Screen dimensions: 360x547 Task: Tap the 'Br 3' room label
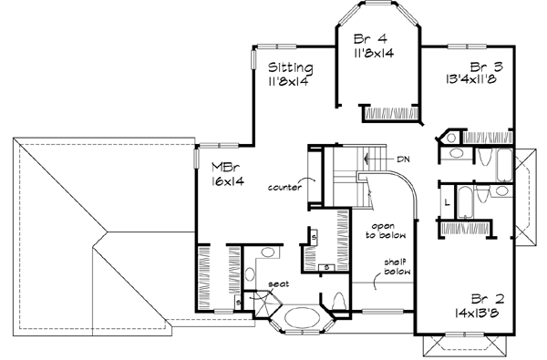click(481, 67)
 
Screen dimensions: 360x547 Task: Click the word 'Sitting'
click(291, 67)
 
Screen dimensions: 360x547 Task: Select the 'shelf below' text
click(396, 264)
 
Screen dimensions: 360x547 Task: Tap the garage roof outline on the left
click(82, 228)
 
